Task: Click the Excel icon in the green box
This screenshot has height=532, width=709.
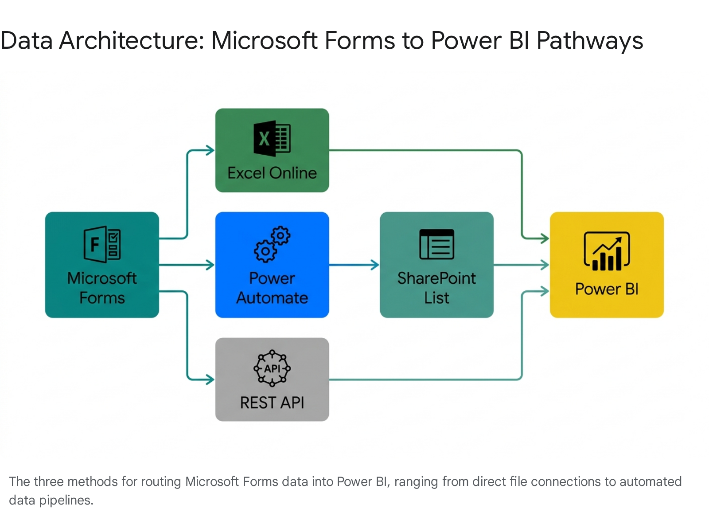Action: tap(272, 138)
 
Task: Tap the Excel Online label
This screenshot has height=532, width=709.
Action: tap(272, 173)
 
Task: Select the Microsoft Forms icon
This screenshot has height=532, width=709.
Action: tap(102, 244)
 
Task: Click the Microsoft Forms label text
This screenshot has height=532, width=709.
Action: tap(102, 288)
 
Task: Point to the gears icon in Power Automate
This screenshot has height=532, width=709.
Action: tap(272, 244)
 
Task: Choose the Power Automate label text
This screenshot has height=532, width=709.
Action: tap(272, 288)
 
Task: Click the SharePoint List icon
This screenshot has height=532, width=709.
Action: tap(436, 244)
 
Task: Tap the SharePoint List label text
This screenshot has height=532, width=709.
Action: tap(436, 288)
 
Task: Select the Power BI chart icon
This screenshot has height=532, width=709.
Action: tap(607, 251)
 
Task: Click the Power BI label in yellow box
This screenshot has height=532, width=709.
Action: tap(607, 289)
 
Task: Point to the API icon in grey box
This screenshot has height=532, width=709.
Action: tap(272, 368)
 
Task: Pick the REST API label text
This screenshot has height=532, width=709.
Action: tap(272, 403)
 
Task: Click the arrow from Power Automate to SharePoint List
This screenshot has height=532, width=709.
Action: tap(354, 265)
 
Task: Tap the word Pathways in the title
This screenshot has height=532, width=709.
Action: tap(589, 41)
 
